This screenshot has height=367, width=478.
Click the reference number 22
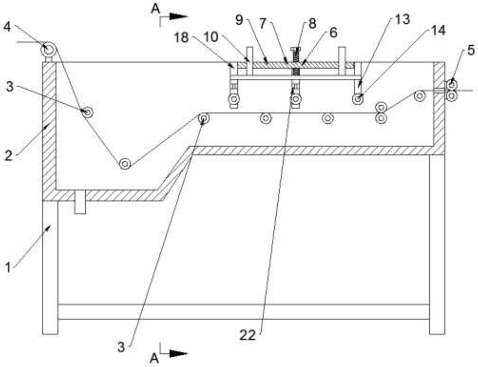click(247, 335)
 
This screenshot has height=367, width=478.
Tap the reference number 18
click(181, 38)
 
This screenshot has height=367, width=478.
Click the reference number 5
click(471, 50)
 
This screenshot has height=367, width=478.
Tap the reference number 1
click(8, 268)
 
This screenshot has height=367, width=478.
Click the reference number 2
click(8, 156)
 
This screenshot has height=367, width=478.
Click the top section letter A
click(155, 9)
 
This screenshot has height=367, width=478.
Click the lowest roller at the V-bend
click(125, 164)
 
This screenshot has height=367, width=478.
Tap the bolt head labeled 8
click(295, 49)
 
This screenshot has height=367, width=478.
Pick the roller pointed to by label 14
click(358, 99)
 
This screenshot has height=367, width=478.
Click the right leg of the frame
click(437, 243)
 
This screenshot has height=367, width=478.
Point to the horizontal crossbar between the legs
click(243, 312)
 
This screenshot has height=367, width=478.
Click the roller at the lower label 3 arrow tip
click(204, 118)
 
